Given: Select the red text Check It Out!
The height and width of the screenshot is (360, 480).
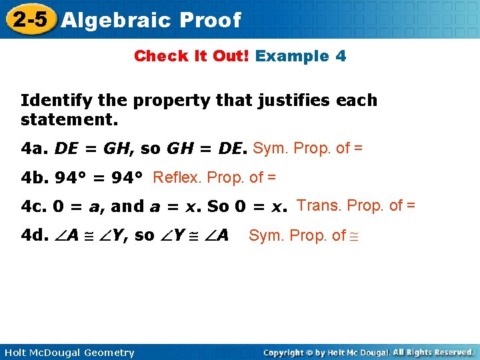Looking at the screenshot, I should (191, 56).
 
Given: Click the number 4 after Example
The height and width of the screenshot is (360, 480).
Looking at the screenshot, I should (341, 56).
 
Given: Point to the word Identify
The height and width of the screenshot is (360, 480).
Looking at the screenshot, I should (57, 101).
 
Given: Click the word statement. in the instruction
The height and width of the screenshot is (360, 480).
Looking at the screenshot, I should (69, 121).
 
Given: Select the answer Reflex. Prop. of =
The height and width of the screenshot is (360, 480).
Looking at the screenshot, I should (214, 177).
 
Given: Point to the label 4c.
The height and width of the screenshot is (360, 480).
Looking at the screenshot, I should (34, 207).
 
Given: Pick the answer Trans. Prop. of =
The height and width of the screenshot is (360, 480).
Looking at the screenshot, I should (356, 205).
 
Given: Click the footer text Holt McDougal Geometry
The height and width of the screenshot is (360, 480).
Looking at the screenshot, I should (68, 353).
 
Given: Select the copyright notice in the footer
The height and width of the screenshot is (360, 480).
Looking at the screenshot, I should (368, 352).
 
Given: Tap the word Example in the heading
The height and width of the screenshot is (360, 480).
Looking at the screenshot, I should (291, 56).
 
